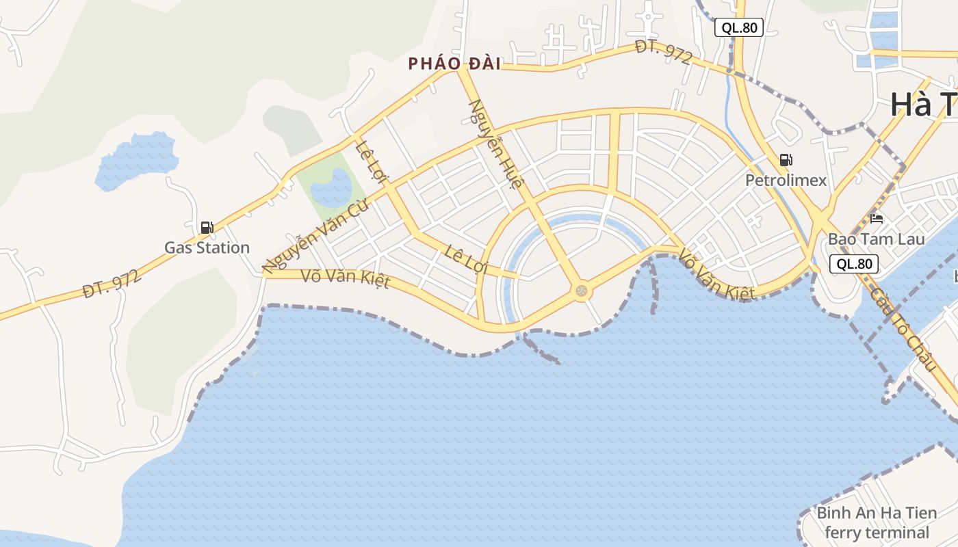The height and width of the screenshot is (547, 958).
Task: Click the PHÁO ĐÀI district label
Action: pyautogui.click(x=454, y=64)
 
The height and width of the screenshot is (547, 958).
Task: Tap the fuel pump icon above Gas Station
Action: pyautogui.click(x=207, y=228)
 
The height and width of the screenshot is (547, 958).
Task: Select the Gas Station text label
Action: pyautogui.click(x=207, y=248)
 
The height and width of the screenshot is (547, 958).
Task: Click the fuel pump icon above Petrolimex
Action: pyautogui.click(x=786, y=161)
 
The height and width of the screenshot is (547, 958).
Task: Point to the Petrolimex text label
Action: pyautogui.click(x=786, y=181)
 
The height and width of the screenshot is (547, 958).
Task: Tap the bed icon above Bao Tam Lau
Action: pyautogui.click(x=877, y=219)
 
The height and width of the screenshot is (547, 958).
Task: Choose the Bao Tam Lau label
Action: pyautogui.click(x=877, y=239)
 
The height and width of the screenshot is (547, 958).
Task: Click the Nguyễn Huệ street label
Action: pyautogui.click(x=496, y=145)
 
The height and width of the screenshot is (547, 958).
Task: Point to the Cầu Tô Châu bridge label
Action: pyautogui.click(x=903, y=329)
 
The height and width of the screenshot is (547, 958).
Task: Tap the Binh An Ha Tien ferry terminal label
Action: pyautogui.click(x=877, y=522)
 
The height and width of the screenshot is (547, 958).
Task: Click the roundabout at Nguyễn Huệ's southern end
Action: pyautogui.click(x=582, y=292)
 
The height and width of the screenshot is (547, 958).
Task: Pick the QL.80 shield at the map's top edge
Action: pyautogui.click(x=739, y=27)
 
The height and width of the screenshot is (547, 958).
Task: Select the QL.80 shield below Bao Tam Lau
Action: pyautogui.click(x=854, y=264)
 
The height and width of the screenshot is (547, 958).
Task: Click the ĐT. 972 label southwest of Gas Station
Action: pyautogui.click(x=112, y=284)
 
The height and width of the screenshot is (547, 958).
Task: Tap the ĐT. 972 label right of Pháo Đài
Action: pyautogui.click(x=663, y=52)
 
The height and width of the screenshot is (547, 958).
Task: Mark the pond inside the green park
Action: pyautogui.click(x=333, y=187)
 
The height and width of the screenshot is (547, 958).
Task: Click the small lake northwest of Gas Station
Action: pyautogui.click(x=137, y=161)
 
